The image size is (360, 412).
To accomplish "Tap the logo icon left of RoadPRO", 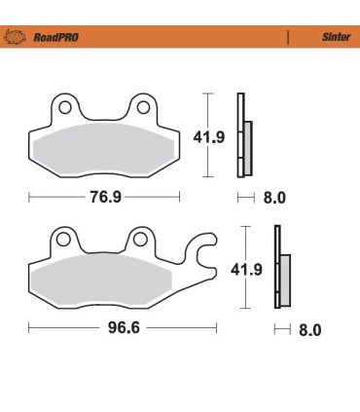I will click(x=17, y=38).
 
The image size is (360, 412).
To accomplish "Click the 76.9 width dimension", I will click(x=104, y=198).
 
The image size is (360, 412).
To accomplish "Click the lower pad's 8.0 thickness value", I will click(x=309, y=329).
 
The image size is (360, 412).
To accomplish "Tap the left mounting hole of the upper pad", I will click(x=62, y=104).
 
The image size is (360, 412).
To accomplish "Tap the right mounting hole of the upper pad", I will click(x=143, y=104).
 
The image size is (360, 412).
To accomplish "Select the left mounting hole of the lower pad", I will click(x=62, y=238).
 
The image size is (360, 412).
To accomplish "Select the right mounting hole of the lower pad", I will click(x=140, y=238).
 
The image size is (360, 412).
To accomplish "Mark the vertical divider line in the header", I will click(x=288, y=38).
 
